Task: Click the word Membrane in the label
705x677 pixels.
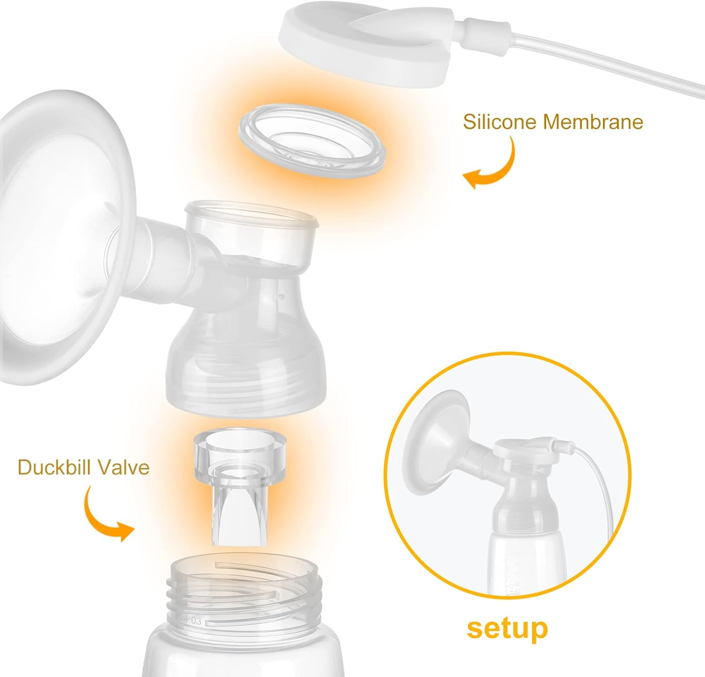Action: pyautogui.click(x=593, y=122)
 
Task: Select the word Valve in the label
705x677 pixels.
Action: pyautogui.click(x=125, y=467)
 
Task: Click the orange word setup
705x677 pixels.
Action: pyautogui.click(x=507, y=629)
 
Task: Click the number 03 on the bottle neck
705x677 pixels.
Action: pyautogui.click(x=196, y=621)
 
